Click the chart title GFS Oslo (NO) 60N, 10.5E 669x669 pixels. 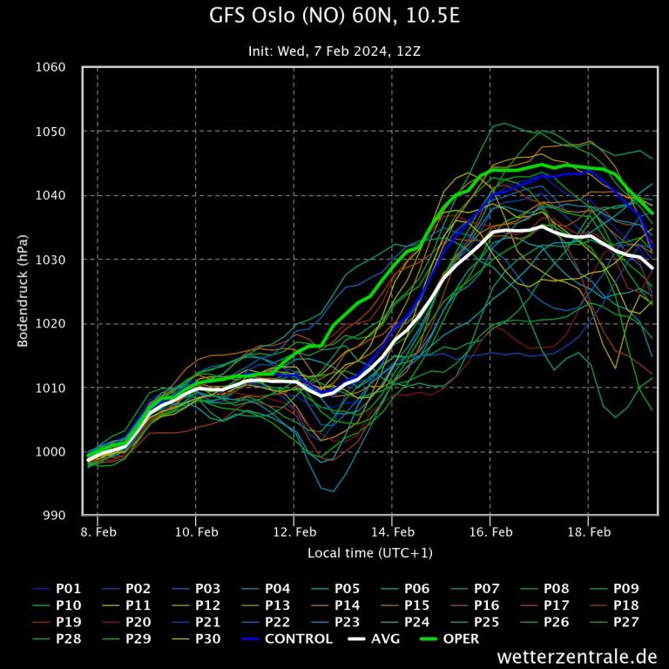334,17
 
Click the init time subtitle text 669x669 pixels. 334,51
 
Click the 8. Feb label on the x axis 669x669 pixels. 98,532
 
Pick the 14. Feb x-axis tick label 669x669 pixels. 392,532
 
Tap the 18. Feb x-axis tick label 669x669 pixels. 588,532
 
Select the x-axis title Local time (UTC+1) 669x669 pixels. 370,553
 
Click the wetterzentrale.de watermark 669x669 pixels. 578,656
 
